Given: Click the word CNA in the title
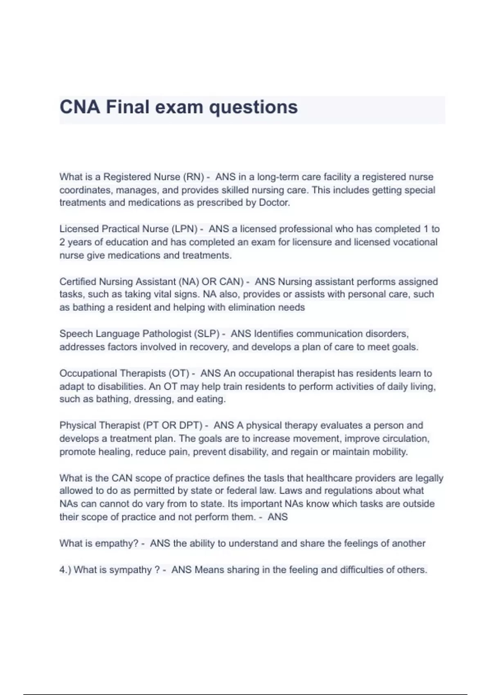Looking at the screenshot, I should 80,107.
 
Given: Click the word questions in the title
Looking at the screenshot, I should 253,107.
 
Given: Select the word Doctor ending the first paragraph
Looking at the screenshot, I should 274,203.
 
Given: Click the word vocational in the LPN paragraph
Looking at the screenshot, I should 415,242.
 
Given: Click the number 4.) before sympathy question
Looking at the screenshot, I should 65,569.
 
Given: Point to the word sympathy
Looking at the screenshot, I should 133,569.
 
